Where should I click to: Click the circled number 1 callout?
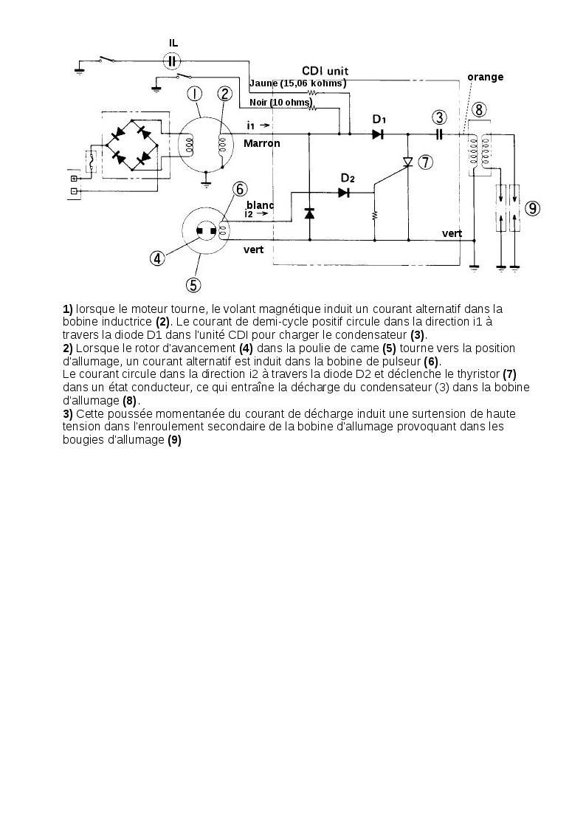pyautogui.click(x=194, y=94)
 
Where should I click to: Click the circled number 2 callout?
pyautogui.click(x=224, y=94)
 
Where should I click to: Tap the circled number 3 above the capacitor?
pyautogui.click(x=439, y=117)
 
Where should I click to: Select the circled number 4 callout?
pyautogui.click(x=157, y=258)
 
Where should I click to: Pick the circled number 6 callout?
pyautogui.click(x=240, y=188)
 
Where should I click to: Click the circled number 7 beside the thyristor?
pyautogui.click(x=425, y=162)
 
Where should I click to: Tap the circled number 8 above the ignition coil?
pyautogui.click(x=479, y=111)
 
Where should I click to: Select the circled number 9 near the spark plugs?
pyautogui.click(x=533, y=208)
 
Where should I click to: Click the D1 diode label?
pyautogui.click(x=379, y=119)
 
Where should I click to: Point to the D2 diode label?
pyautogui.click(x=348, y=178)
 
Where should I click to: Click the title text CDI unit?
pyautogui.click(x=325, y=71)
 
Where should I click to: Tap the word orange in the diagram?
pyautogui.click(x=485, y=77)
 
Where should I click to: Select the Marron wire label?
pyautogui.click(x=262, y=143)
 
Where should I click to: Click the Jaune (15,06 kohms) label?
pyautogui.click(x=298, y=83)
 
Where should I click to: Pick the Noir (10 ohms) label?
pyautogui.click(x=280, y=102)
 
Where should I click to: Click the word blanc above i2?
pyautogui.click(x=261, y=204)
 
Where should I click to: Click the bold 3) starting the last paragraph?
pyautogui.click(x=68, y=413)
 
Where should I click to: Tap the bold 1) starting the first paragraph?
pyautogui.click(x=68, y=309)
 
